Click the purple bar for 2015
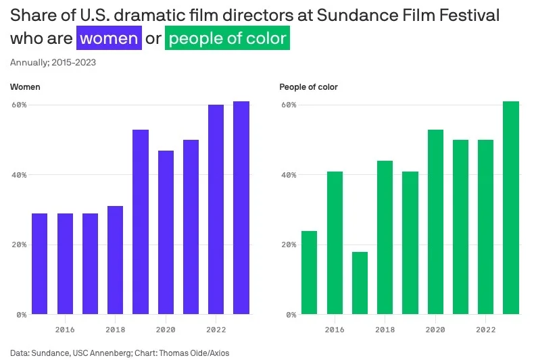40,263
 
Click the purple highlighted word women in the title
109,38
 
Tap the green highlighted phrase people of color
228,38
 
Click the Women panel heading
24,87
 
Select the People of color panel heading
308,87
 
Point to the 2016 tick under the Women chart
65,330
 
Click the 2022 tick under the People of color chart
485,330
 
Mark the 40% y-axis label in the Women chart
18,175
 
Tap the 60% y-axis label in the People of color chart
288,105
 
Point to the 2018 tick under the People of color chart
385,330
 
